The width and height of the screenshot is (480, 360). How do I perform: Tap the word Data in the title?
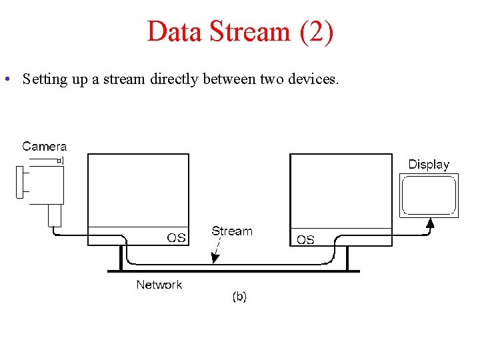175,32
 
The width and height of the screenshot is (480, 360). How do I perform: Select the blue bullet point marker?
5,79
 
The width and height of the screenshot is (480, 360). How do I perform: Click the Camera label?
45,146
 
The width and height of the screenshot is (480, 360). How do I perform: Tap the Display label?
429,164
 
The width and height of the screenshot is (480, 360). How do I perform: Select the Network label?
159,285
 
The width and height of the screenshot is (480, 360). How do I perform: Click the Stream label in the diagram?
232,231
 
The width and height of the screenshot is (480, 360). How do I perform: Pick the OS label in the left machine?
176,238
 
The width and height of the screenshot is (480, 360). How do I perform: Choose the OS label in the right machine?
305,240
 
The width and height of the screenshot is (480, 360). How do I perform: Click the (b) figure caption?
239,297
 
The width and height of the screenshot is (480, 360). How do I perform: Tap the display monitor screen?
429,195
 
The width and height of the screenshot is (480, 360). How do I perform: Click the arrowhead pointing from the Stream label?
213,259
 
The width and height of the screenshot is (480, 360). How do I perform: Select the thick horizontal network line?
233,271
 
